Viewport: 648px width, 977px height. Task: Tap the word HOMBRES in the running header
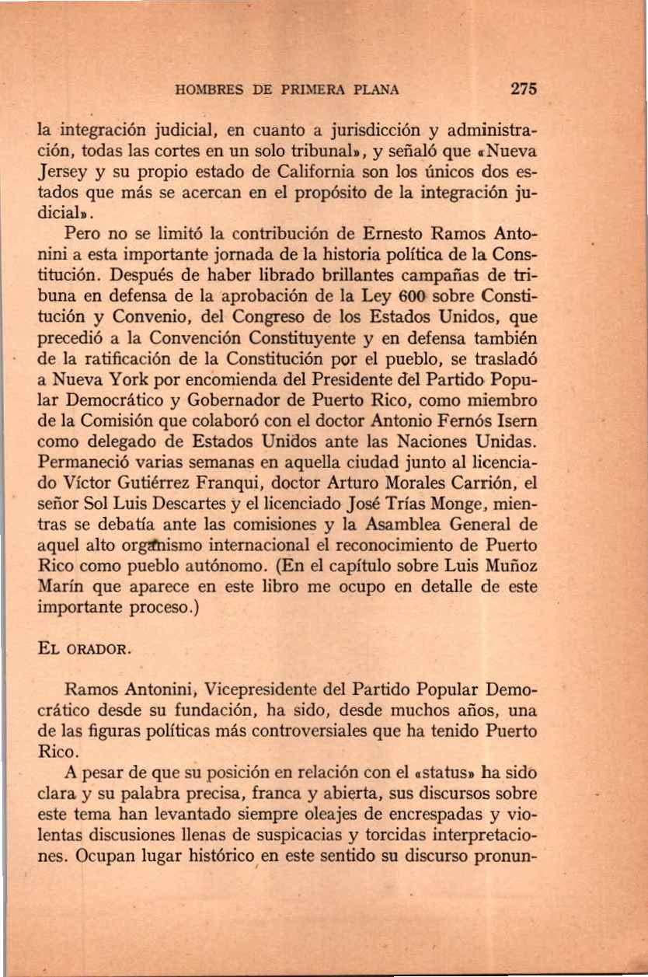point(207,89)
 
